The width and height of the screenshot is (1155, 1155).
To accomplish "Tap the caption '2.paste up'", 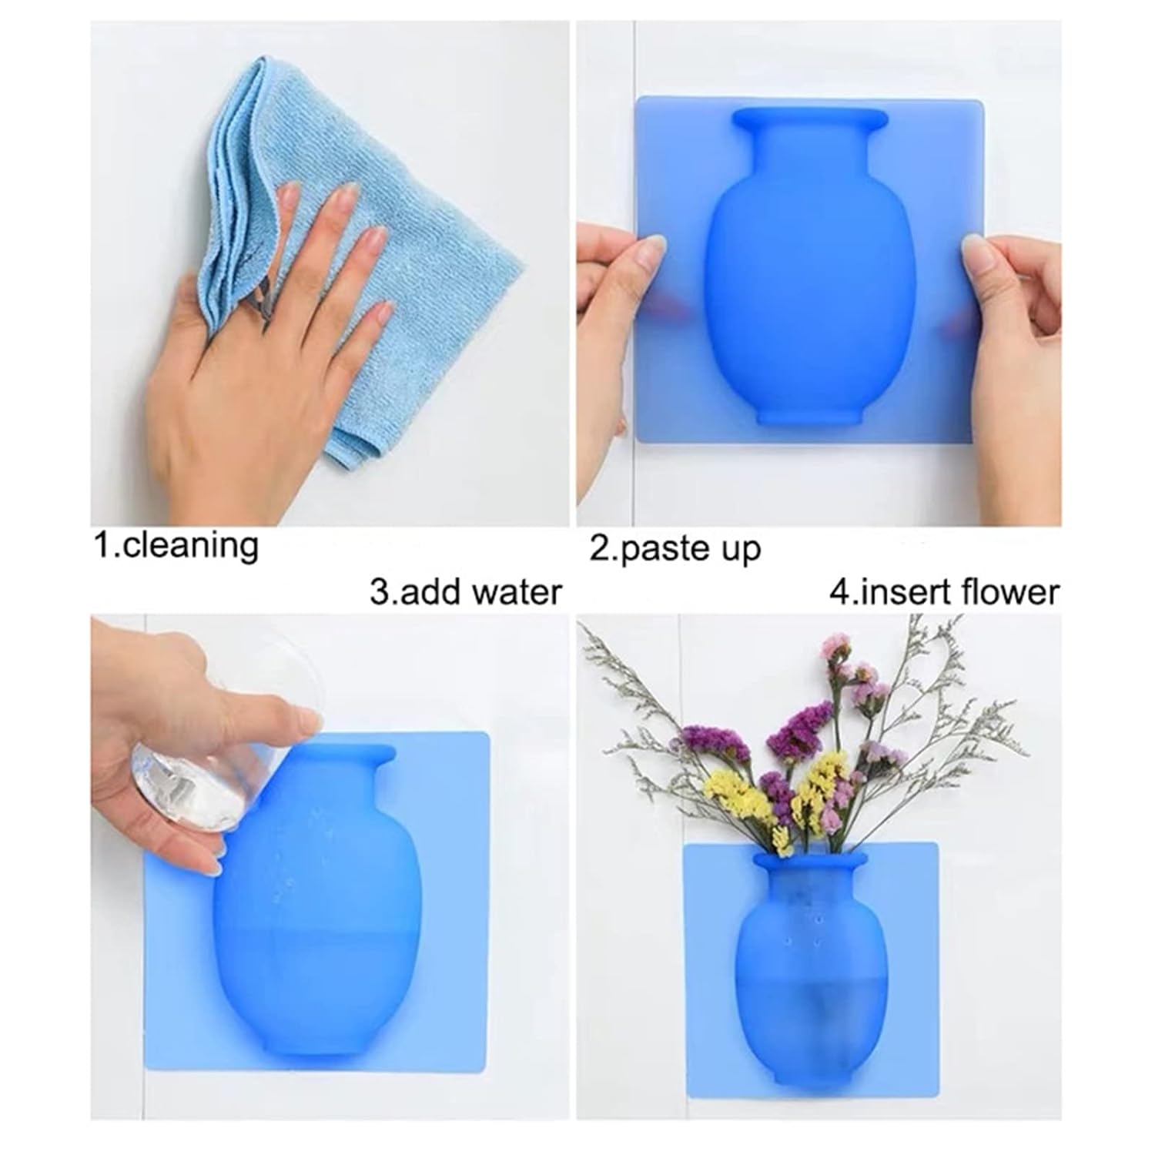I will pos(675,549).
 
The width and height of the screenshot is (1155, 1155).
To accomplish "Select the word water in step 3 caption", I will pos(517,593).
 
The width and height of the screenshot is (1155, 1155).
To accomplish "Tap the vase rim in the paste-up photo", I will pos(808,119).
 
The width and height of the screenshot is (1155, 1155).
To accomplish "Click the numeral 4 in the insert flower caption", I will pos(839,592).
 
